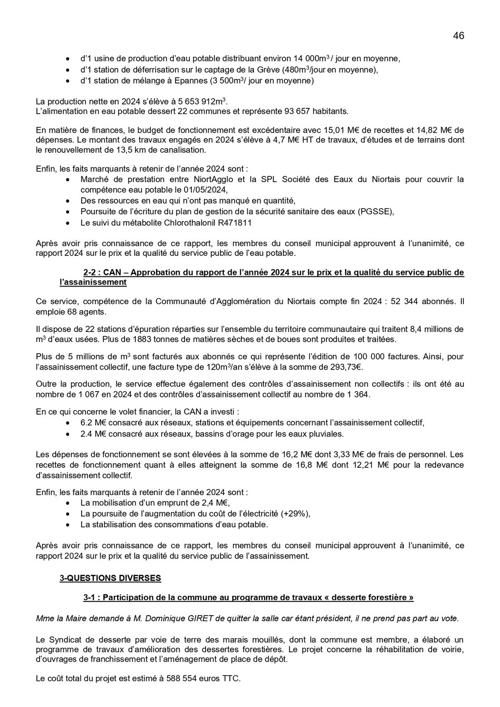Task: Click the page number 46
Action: (x=458, y=36)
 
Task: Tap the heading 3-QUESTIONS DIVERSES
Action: (x=110, y=578)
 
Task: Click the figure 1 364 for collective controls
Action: (x=356, y=394)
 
